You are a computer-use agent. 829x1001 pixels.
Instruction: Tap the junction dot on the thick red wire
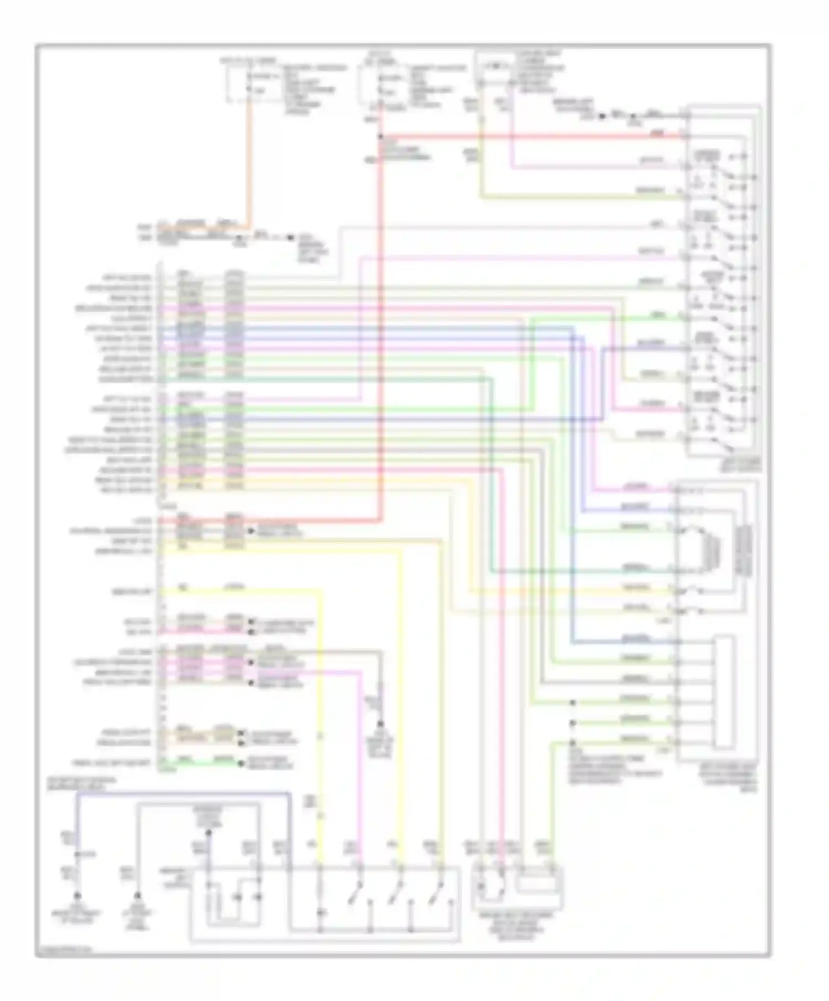click(x=381, y=137)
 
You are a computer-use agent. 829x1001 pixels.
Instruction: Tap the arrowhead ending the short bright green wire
click(x=242, y=764)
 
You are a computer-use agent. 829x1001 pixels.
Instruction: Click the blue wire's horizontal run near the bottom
click(x=182, y=794)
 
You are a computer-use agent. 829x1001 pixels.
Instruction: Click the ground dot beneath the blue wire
click(x=77, y=895)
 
